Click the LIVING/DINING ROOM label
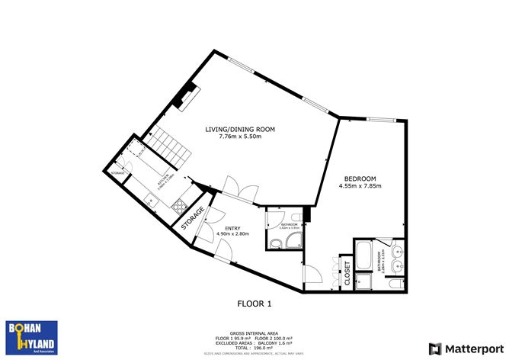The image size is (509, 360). click(240, 130)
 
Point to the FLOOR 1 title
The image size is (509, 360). click(254, 304)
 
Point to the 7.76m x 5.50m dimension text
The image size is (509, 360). click(240, 137)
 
